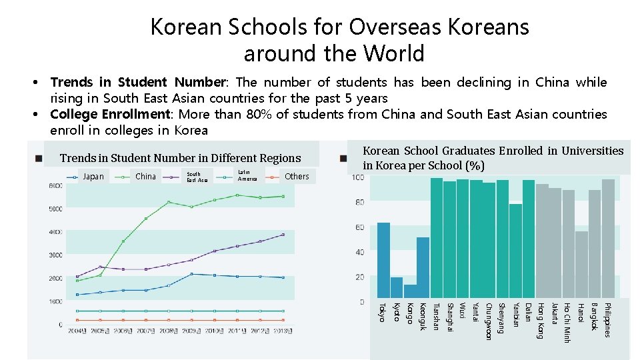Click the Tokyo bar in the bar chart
(383, 262)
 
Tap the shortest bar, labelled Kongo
(410, 293)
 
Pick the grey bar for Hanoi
(581, 267)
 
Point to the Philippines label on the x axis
(607, 320)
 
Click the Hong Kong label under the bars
(541, 321)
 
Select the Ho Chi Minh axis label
(568, 323)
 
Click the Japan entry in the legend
(93, 177)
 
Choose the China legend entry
(145, 177)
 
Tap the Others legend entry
(297, 177)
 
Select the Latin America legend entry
(247, 176)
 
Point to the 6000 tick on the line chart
(55, 185)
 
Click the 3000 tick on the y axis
(55, 255)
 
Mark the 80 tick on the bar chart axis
(359, 202)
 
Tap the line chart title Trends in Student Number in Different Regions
(181, 158)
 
